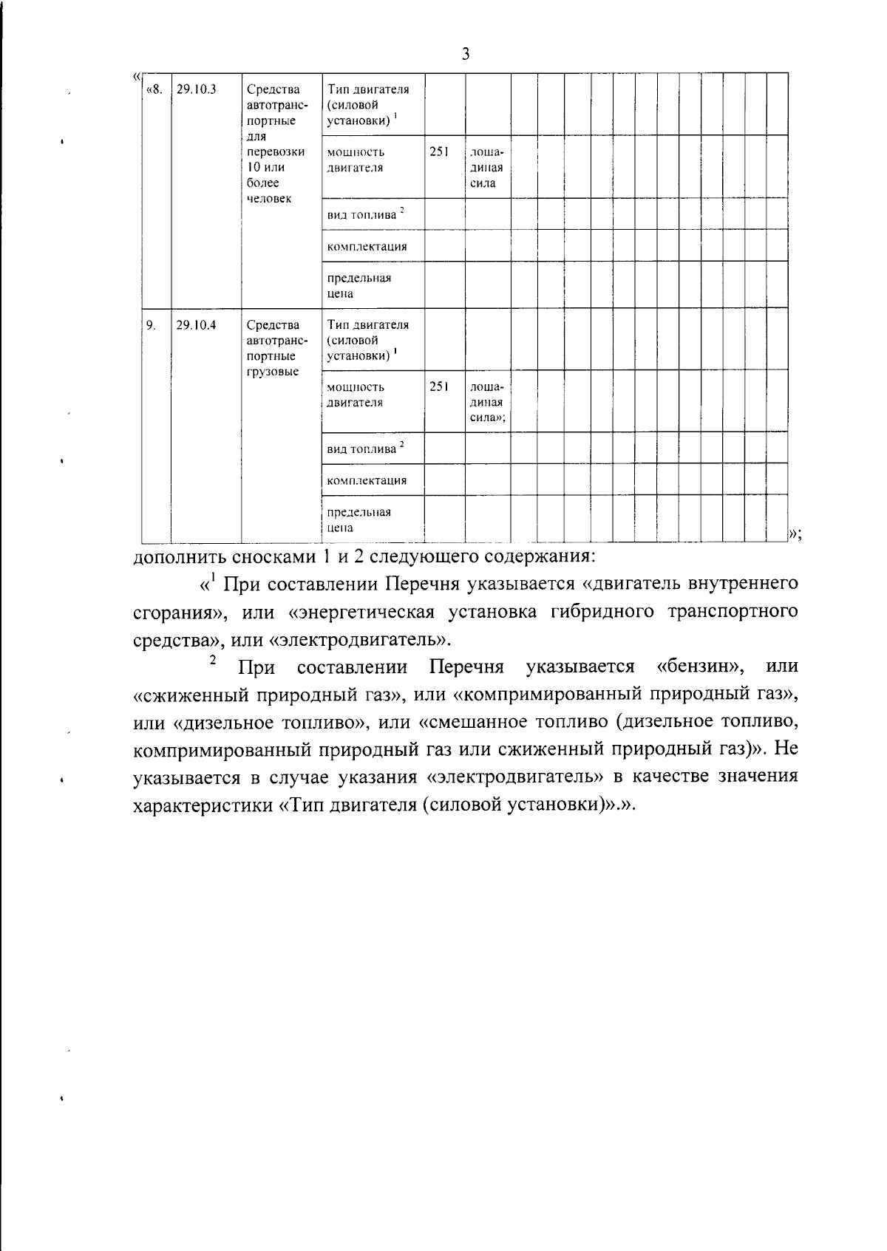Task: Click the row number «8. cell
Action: tap(154, 89)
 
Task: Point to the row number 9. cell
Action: tap(151, 324)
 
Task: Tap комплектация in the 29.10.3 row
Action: tap(367, 246)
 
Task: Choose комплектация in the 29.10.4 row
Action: tap(367, 480)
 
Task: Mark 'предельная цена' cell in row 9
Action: tap(359, 519)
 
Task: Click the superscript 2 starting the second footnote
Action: tap(213, 660)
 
